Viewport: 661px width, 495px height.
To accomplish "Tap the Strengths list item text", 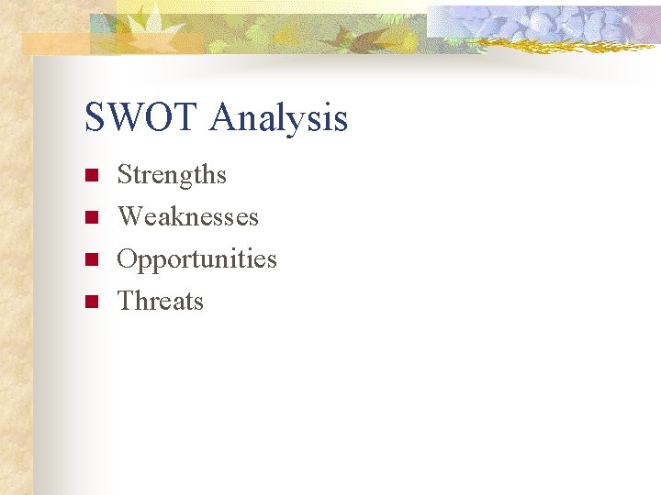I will click(x=172, y=175).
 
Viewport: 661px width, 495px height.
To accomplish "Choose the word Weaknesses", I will click(x=188, y=217).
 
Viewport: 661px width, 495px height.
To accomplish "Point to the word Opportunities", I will click(x=197, y=259).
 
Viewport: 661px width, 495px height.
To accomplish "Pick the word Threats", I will click(x=161, y=302).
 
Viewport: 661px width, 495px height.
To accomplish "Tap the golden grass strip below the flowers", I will click(x=569, y=43).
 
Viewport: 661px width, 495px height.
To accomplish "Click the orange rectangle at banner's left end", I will click(x=55, y=43).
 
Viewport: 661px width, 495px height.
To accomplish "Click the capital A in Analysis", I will click(x=222, y=118).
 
